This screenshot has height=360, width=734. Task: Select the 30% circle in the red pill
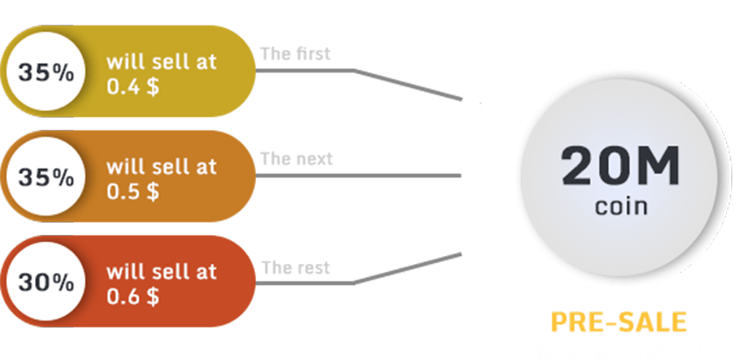(45, 282)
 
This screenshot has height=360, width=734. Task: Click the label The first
(295, 54)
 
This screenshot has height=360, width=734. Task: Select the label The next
(296, 160)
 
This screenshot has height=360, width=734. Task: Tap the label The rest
(295, 267)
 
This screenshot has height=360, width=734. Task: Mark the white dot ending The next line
(471, 175)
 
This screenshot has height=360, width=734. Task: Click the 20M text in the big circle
(620, 165)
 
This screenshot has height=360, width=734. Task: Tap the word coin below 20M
(620, 208)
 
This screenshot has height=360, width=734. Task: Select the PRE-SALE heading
(620, 322)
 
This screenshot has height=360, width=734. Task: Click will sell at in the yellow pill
(162, 62)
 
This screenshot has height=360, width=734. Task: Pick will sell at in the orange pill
(162, 167)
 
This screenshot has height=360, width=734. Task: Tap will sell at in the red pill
(162, 272)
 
